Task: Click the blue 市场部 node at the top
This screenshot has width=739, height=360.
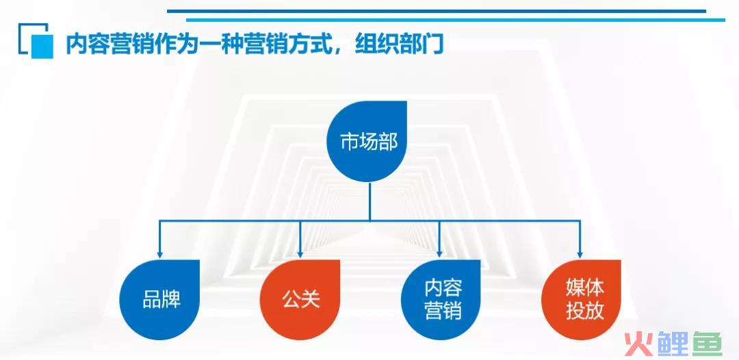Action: pos(367,142)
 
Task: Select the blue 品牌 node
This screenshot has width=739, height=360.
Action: pos(159,300)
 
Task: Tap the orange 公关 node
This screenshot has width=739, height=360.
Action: pos(300,300)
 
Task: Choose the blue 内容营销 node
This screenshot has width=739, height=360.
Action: pos(441,300)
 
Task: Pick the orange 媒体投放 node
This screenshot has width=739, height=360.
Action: pos(581,300)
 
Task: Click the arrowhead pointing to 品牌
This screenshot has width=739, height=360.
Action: pos(159,255)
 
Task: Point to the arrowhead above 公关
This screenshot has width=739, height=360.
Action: pos(300,255)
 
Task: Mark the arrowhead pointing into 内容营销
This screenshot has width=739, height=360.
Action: pos(440,255)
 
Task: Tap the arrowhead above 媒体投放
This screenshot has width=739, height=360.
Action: pos(580,255)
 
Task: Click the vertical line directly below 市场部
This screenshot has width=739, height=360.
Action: pos(370,201)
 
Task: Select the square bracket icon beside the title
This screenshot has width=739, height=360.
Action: pos(36,40)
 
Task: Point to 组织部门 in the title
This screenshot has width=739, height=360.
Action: pos(400,44)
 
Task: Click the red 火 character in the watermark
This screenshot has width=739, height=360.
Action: pos(638,344)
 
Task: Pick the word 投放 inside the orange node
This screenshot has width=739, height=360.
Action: pos(585,311)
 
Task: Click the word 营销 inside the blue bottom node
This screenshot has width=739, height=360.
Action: pos(443,311)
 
